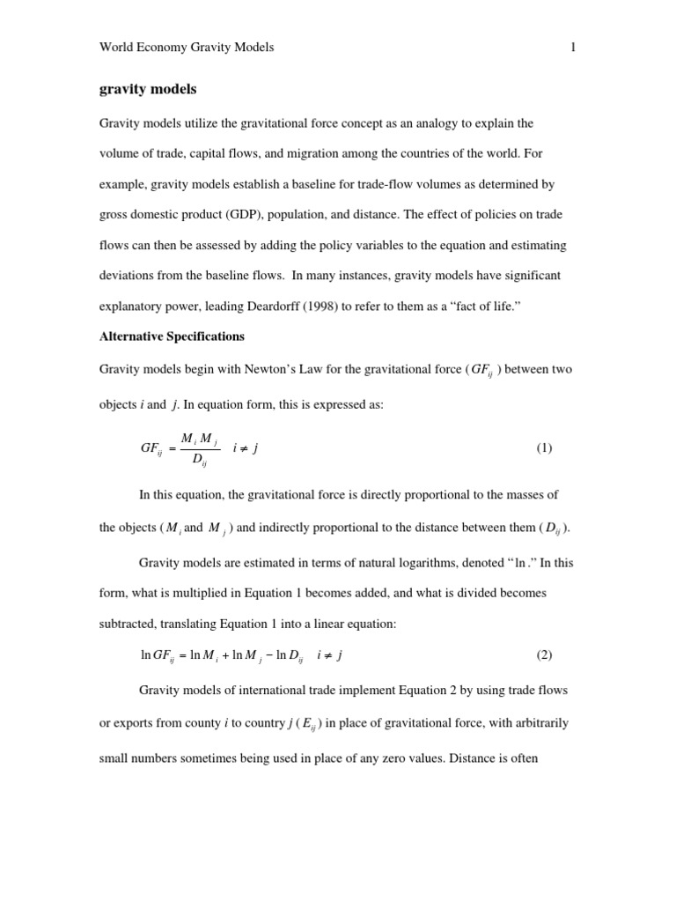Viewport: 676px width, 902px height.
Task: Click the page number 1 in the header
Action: (x=573, y=48)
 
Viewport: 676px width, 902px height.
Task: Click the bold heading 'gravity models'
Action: (x=148, y=90)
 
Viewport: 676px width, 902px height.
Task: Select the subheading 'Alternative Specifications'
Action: (x=172, y=336)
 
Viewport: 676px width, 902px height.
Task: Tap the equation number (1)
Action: (x=544, y=448)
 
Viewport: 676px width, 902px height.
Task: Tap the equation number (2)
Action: (x=544, y=655)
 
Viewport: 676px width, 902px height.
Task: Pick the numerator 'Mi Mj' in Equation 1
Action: (x=199, y=439)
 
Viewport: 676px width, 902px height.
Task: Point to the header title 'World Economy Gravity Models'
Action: (x=187, y=48)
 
